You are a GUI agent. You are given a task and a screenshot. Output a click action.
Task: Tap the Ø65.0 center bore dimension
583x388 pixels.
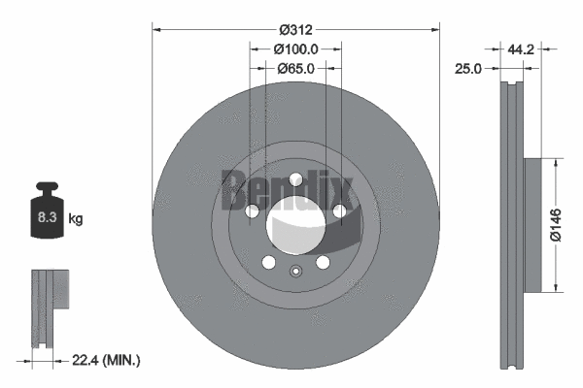click(295, 69)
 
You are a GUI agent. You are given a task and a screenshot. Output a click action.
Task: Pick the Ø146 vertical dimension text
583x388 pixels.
click(555, 224)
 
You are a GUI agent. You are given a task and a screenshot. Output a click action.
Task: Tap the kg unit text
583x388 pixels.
click(76, 219)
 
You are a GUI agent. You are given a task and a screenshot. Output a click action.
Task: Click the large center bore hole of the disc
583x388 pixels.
click(295, 224)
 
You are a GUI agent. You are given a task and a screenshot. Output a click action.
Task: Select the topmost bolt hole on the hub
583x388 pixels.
click(295, 178)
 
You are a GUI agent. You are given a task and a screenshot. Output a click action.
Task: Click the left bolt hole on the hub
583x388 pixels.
click(252, 210)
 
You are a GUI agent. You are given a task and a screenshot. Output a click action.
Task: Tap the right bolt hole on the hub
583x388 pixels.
click(340, 210)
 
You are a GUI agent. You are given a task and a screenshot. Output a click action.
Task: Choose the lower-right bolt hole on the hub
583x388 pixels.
click(323, 262)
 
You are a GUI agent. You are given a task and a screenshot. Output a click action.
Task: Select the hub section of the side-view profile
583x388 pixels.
click(538, 224)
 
